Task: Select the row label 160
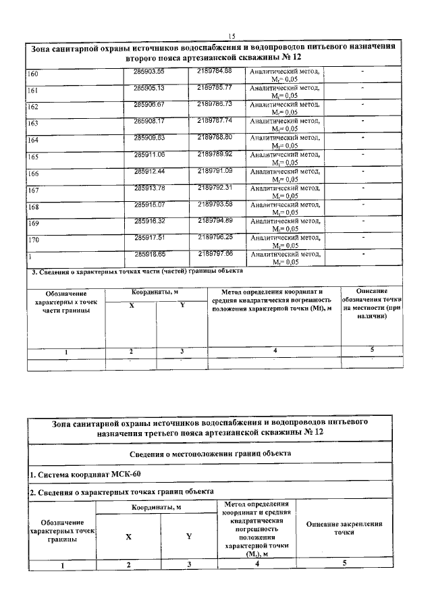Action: (x=32, y=74)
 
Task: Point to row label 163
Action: (x=32, y=124)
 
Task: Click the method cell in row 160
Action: (x=283, y=75)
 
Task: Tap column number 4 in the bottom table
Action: (x=257, y=564)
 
